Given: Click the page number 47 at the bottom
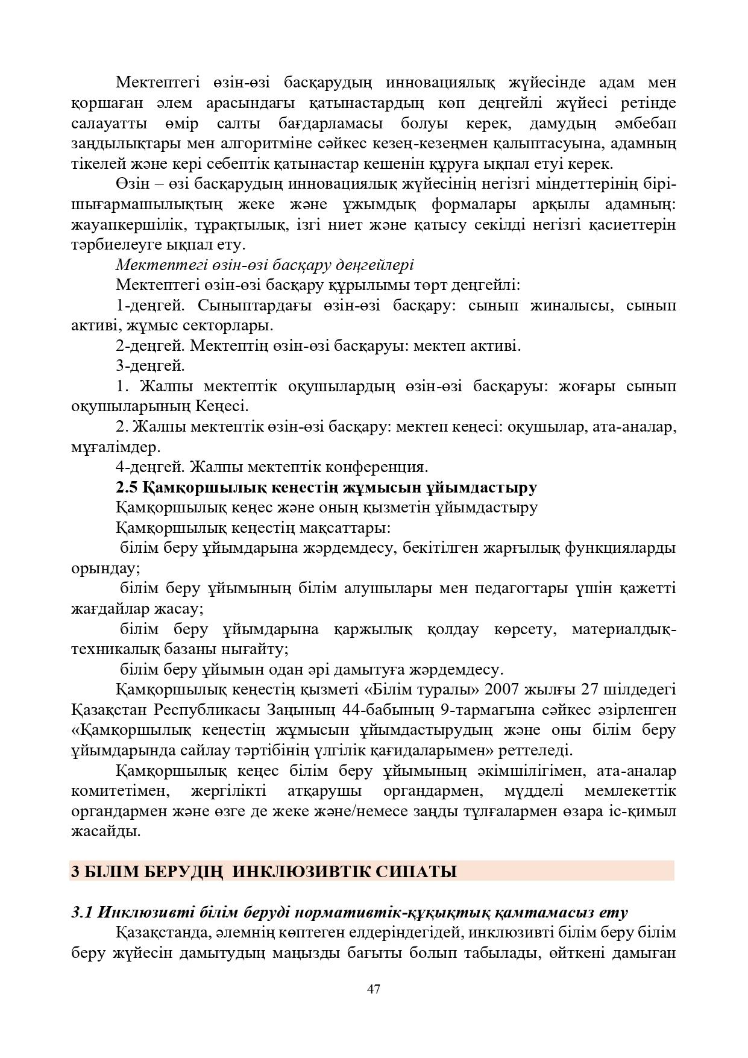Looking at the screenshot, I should point(373,989).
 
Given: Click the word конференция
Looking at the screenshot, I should point(377,467).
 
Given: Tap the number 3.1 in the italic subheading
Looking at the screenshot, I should point(83,912).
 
